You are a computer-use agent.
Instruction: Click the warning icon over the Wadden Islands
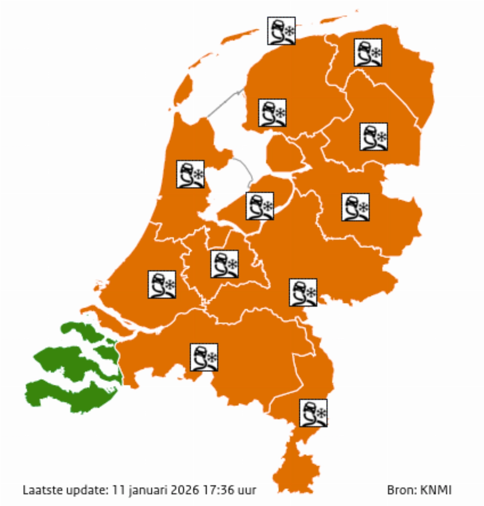[281, 31]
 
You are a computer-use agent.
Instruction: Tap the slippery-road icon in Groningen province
[368, 52]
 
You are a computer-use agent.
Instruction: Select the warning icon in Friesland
[272, 113]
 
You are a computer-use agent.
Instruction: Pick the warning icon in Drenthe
[374, 137]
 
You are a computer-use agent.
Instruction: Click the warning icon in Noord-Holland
[191, 174]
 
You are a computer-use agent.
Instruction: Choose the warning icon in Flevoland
[260, 206]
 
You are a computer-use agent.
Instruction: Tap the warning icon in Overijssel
[355, 207]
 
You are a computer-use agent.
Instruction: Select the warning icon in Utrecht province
[225, 264]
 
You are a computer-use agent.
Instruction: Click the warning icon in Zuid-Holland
[162, 284]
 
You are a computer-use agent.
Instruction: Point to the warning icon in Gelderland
[303, 293]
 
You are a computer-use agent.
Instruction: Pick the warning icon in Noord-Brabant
[204, 357]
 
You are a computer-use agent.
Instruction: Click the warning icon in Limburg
[313, 413]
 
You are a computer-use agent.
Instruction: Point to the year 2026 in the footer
[185, 490]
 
